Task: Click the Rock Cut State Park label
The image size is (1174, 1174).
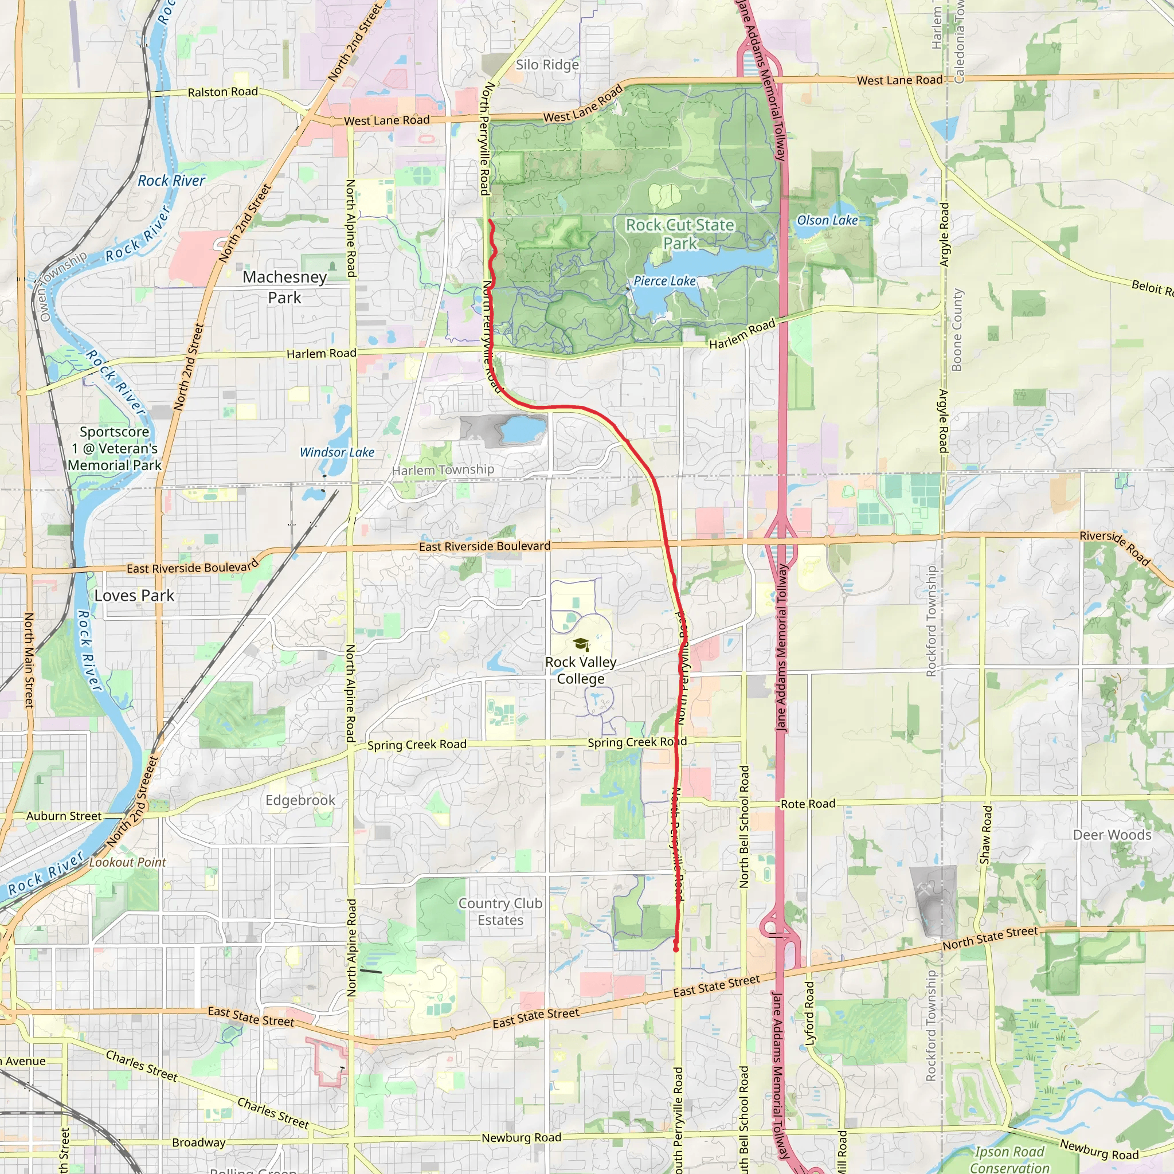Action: pyautogui.click(x=680, y=234)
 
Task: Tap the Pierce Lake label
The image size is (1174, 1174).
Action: pyautogui.click(x=664, y=281)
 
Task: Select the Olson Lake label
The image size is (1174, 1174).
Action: pyautogui.click(x=827, y=221)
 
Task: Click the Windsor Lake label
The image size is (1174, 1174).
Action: pyautogui.click(x=336, y=452)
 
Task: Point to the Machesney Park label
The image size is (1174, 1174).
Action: pyautogui.click(x=284, y=287)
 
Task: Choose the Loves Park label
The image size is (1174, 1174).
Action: pyautogui.click(x=134, y=596)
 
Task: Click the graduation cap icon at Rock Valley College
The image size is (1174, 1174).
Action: pyautogui.click(x=580, y=644)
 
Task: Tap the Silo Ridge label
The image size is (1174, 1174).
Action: pyautogui.click(x=547, y=64)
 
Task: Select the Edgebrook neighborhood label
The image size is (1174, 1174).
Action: pyautogui.click(x=300, y=800)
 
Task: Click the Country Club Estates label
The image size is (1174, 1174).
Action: pyautogui.click(x=500, y=911)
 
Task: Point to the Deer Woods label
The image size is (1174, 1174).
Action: pyautogui.click(x=1112, y=835)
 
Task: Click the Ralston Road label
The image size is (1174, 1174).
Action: pyautogui.click(x=222, y=92)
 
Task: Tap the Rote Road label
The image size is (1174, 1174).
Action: pyautogui.click(x=808, y=804)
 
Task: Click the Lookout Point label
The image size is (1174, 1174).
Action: pyautogui.click(x=128, y=862)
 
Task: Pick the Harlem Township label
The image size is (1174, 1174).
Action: pyautogui.click(x=443, y=469)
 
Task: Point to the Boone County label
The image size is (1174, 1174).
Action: pyautogui.click(x=957, y=330)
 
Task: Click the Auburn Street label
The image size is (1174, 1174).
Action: pyautogui.click(x=64, y=816)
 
